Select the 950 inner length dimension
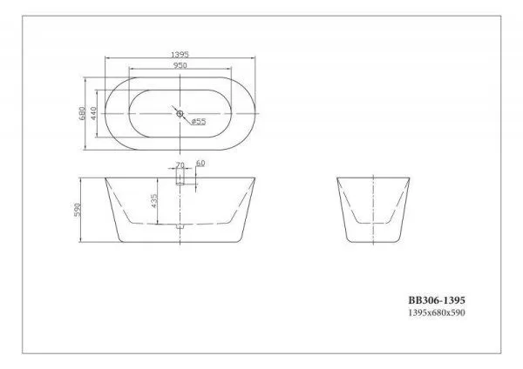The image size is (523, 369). coord(180,65)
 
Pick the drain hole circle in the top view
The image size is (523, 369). coord(180,113)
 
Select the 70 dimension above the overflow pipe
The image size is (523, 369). coord(180,164)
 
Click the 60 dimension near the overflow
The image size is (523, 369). coord(200,164)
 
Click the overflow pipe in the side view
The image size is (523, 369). coord(180,178)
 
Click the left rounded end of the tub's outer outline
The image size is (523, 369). coord(106,113)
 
